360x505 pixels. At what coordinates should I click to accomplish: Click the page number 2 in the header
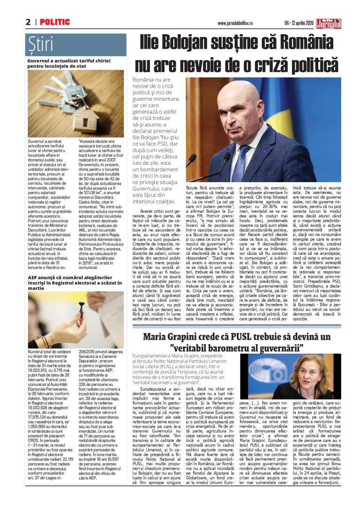[28, 22]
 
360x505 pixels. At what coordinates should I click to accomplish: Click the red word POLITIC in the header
[55, 22]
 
